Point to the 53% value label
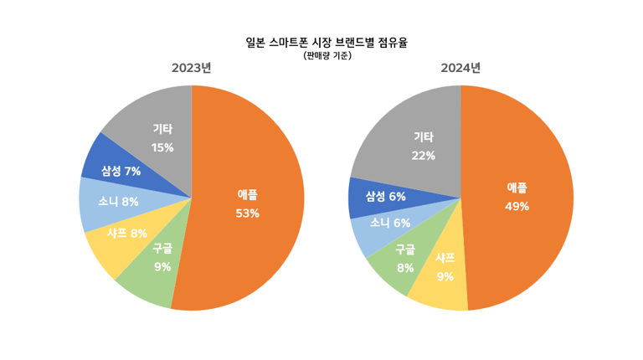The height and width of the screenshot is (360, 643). (248, 213)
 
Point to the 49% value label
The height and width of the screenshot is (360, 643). (517, 207)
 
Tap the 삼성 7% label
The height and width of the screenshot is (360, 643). (121, 172)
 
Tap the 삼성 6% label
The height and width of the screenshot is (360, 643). (386, 197)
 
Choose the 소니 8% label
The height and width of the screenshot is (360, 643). (118, 202)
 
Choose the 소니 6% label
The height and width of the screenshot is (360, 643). (390, 223)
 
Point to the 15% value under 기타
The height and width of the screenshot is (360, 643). (162, 148)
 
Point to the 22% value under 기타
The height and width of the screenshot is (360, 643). (423, 156)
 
